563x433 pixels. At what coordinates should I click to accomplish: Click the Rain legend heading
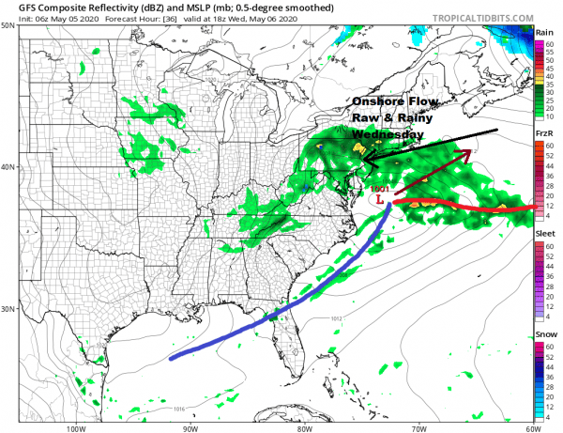click(544, 31)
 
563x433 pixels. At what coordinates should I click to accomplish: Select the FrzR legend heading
click(544, 135)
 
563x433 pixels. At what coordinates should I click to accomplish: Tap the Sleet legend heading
click(544, 232)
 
